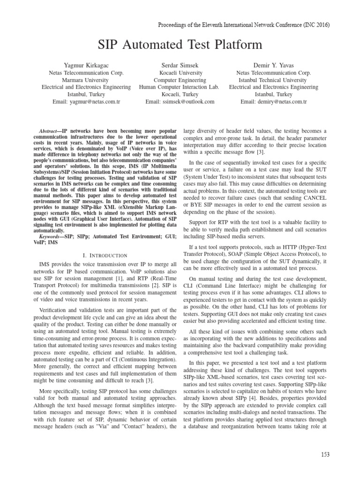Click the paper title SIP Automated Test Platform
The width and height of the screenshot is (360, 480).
click(x=180, y=45)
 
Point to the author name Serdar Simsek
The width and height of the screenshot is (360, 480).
click(x=180, y=66)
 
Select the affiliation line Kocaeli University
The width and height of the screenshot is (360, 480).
click(x=180, y=73)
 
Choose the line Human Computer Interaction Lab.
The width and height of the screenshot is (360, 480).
click(x=180, y=87)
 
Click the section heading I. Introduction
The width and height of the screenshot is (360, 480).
click(x=105, y=255)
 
